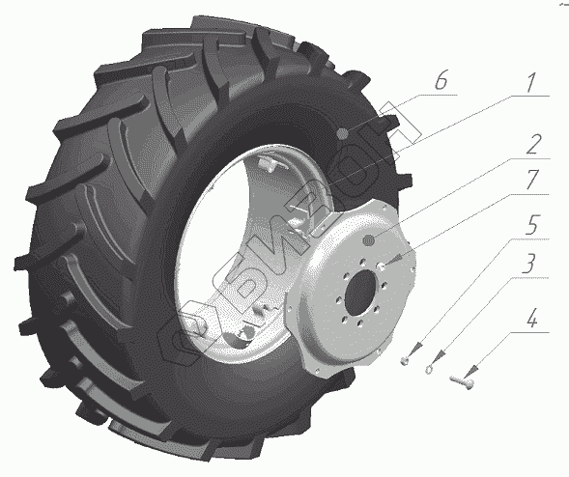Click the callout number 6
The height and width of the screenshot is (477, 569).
point(441,80)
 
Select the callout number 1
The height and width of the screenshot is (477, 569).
point(530,82)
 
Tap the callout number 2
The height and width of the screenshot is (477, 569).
point(533,144)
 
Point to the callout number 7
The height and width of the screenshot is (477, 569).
point(532,180)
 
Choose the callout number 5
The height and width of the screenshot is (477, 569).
point(532,224)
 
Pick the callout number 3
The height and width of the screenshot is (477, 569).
point(529,264)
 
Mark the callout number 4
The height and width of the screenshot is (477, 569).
point(531,319)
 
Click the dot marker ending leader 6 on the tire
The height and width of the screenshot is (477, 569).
point(342,134)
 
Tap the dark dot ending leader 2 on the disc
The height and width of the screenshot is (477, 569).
point(369,239)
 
